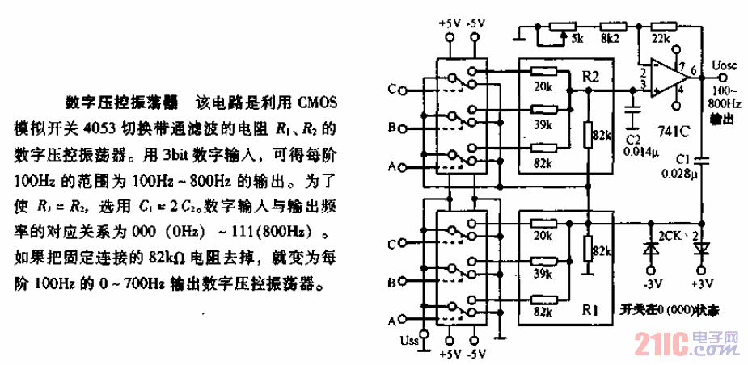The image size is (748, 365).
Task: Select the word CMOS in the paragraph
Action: tap(323, 104)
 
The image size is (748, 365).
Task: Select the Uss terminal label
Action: tap(412, 338)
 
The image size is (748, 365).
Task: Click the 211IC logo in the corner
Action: tap(663, 344)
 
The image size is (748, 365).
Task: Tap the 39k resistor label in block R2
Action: tap(543, 124)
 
